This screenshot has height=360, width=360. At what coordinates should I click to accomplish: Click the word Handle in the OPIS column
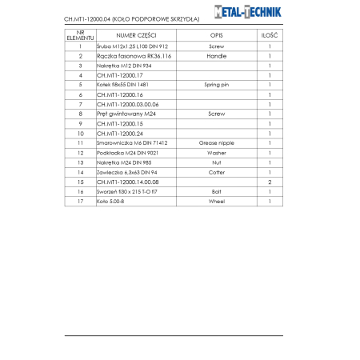pyautogui.click(x=216, y=56)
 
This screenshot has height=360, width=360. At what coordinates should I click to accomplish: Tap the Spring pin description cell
pyautogui.click(x=216, y=85)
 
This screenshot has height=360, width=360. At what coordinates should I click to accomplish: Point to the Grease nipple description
pyautogui.click(x=216, y=142)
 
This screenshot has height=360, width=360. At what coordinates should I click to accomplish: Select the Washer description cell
pyautogui.click(x=216, y=152)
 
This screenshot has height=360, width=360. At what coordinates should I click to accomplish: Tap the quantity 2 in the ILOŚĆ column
pyautogui.click(x=270, y=182)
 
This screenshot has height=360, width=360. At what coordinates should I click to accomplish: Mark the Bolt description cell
pyautogui.click(x=216, y=191)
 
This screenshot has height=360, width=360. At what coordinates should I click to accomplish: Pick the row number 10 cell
pyautogui.click(x=80, y=133)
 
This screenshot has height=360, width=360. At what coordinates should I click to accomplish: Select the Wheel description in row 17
pyautogui.click(x=216, y=201)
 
